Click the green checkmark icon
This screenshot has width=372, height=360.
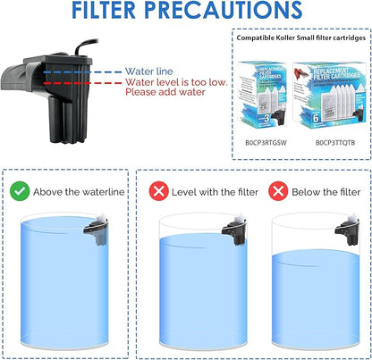point(19,191)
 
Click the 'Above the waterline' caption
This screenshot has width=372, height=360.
point(79,191)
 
